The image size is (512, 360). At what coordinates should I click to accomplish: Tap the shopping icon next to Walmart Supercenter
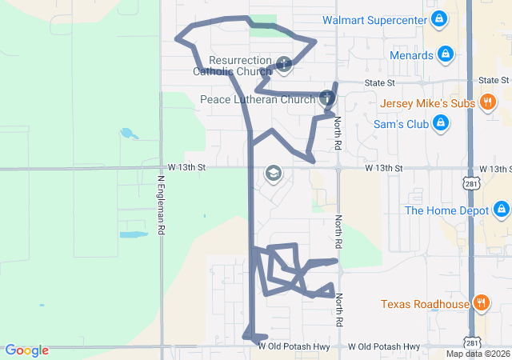click(x=438, y=18)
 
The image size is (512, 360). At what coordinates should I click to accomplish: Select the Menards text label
click(x=411, y=55)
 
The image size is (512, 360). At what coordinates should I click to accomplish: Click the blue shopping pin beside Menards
click(x=446, y=55)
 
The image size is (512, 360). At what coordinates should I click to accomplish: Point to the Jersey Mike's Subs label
click(x=427, y=103)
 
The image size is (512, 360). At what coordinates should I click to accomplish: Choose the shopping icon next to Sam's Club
click(x=440, y=123)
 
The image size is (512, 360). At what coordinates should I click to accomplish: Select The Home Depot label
click(x=446, y=210)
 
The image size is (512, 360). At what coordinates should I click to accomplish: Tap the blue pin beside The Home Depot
click(x=501, y=210)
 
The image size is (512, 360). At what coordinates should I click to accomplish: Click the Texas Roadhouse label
click(x=425, y=304)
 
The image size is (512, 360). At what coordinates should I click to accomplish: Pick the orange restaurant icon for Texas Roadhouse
click(x=481, y=303)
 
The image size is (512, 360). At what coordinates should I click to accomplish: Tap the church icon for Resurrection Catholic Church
click(x=283, y=65)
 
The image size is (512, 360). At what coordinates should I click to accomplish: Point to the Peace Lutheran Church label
click(x=258, y=100)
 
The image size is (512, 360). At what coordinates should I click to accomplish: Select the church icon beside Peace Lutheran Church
click(x=326, y=99)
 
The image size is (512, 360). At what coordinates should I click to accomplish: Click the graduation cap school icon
click(x=273, y=174)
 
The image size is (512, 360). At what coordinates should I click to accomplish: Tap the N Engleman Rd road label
click(x=161, y=206)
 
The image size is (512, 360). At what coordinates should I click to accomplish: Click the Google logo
click(x=26, y=350)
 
